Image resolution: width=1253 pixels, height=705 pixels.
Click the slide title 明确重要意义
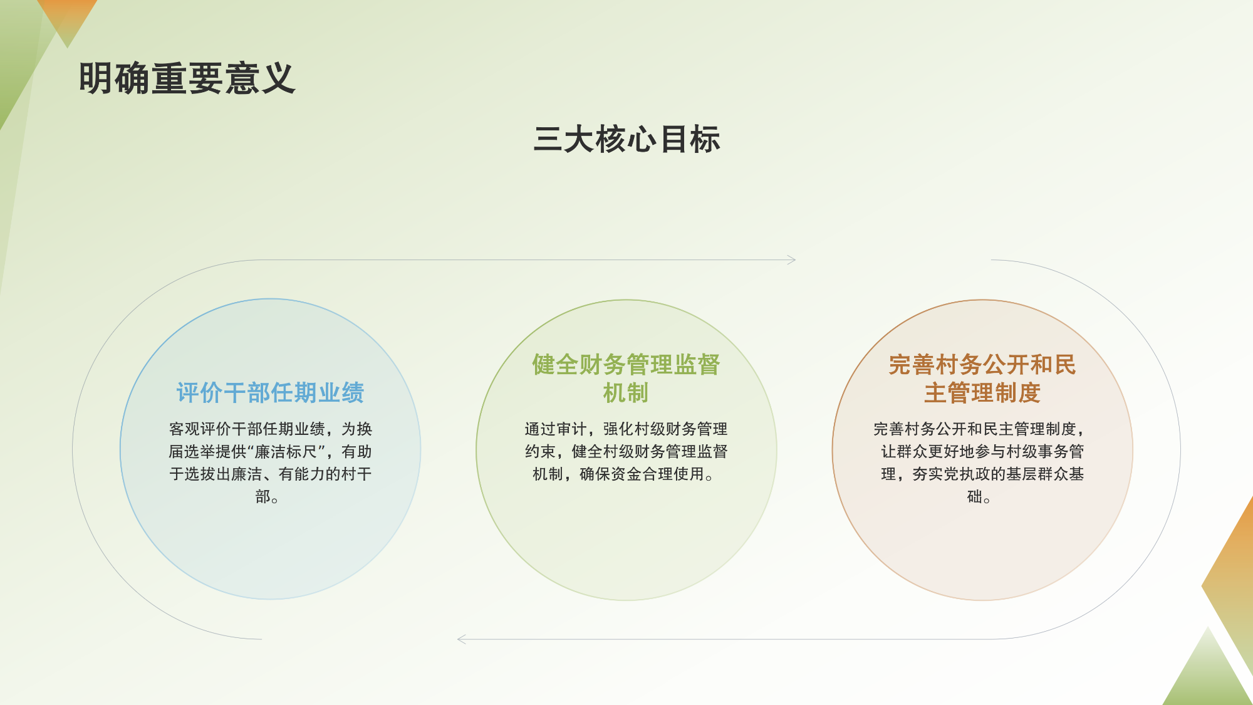click(x=187, y=79)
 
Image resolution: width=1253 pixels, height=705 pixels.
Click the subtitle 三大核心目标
click(x=626, y=139)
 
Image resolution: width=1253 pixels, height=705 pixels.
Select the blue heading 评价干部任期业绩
click(x=270, y=393)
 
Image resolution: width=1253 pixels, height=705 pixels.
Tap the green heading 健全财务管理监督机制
click(x=626, y=379)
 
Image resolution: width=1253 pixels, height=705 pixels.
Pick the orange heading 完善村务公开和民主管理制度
click(x=982, y=379)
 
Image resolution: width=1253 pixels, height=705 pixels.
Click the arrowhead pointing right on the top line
click(x=792, y=259)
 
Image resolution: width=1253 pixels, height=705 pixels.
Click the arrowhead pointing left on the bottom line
click(x=462, y=639)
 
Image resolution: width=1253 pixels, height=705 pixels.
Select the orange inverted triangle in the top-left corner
click(x=67, y=19)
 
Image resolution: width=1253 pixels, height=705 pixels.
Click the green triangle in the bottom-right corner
click(x=1207, y=674)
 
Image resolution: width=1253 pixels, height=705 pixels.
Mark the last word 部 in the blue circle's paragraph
click(x=263, y=497)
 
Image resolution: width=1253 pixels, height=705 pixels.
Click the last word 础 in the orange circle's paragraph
click(x=974, y=497)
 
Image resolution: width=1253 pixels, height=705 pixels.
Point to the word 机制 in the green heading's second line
click(x=626, y=394)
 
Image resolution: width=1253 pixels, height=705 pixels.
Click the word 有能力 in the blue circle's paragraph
click(x=302, y=474)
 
